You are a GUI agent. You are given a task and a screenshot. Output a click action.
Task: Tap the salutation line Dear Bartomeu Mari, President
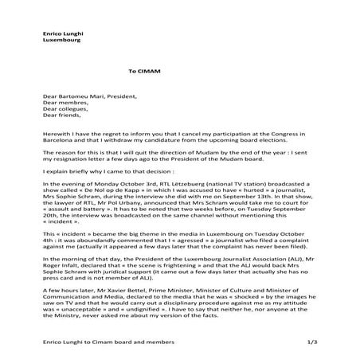click(88, 96)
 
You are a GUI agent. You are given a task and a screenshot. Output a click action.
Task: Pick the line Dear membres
click(65, 102)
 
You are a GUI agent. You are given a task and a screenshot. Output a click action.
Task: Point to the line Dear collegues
click(65, 109)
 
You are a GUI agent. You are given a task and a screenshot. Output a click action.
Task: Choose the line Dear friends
click(62, 115)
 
